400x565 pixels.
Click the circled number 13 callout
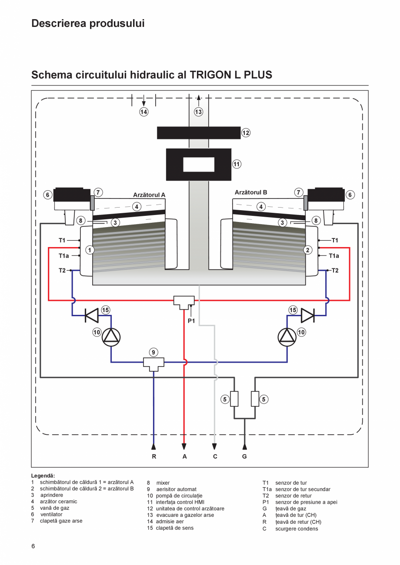coord(198,112)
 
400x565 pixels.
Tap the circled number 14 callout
coord(144,112)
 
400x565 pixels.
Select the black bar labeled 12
coord(199,133)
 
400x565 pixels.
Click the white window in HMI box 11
coord(199,165)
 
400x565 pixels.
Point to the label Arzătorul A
coord(149,195)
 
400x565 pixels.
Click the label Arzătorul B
coord(251,192)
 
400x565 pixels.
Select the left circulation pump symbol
coord(111,337)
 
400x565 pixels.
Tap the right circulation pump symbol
coord(287,337)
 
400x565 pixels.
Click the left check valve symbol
coord(92,316)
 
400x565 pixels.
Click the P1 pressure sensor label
coord(191,321)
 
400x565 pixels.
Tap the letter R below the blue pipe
coord(153,456)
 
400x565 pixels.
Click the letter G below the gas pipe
coord(244,456)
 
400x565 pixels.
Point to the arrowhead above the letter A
coord(184,446)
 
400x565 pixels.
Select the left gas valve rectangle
coord(234,399)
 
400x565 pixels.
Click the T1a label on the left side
coord(64,256)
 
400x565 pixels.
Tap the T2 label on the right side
coord(335,270)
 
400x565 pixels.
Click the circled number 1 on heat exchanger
coord(90,250)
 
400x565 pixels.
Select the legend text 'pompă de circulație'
coord(179,496)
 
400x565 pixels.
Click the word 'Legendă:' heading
coord(43,476)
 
